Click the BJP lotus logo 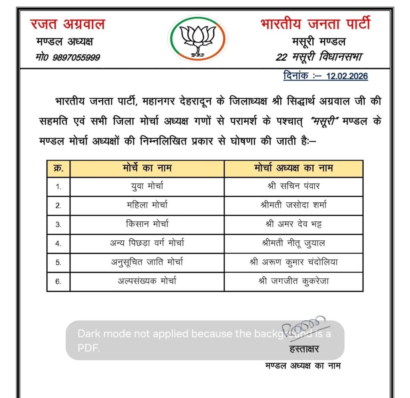(197, 39)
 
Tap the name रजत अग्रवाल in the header (67, 24)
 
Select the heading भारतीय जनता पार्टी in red (316, 24)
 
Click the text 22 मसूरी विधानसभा (319, 57)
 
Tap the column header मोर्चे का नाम (147, 168)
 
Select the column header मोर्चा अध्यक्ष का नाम (293, 168)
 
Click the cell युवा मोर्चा (147, 186)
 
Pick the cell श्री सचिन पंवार (293, 186)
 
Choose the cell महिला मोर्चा (147, 205)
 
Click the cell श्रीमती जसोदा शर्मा (293, 205)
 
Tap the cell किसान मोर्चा (147, 224)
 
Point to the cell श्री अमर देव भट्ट (293, 224)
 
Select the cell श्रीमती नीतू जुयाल (293, 243)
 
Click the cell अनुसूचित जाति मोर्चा (147, 262)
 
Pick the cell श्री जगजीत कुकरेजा (293, 281)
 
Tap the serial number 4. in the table (58, 243)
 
